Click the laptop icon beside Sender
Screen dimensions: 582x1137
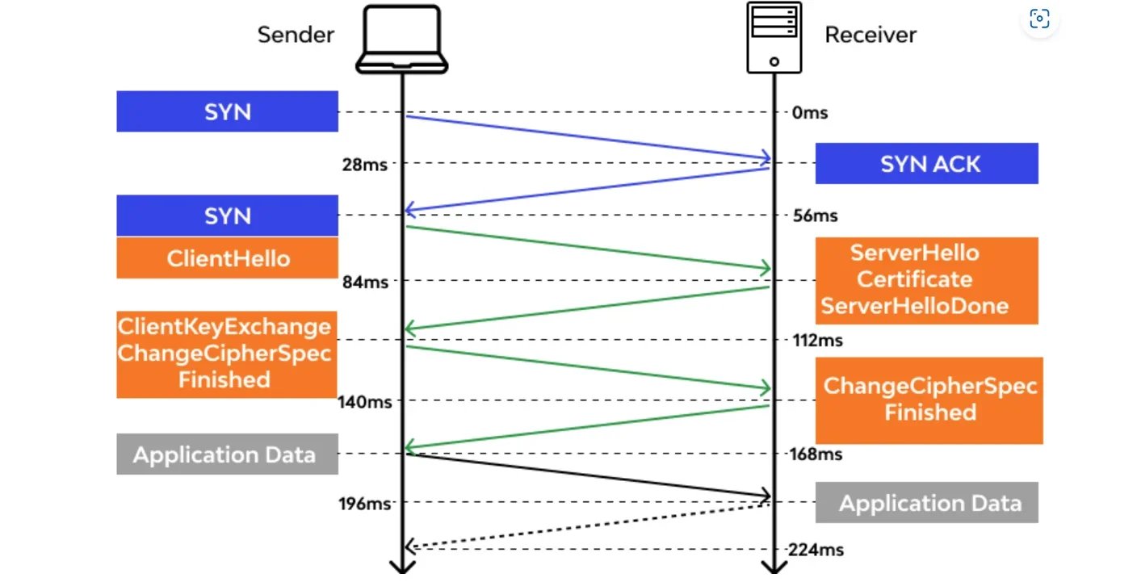pyautogui.click(x=401, y=40)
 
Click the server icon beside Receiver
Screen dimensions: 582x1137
pyautogui.click(x=774, y=37)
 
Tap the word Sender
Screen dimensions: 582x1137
pyautogui.click(x=296, y=35)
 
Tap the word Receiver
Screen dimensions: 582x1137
pyautogui.click(x=871, y=35)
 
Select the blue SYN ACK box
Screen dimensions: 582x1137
pyautogui.click(x=926, y=164)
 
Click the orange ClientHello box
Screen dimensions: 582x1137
pyautogui.click(x=227, y=258)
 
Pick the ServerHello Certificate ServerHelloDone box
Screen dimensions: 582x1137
pyautogui.click(x=926, y=280)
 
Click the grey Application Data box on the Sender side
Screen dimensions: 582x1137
pyautogui.click(x=227, y=454)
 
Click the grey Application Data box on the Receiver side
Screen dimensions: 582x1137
pyautogui.click(x=926, y=503)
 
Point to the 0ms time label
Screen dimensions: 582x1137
pyautogui.click(x=810, y=113)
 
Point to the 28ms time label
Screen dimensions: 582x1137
pyautogui.click(x=363, y=165)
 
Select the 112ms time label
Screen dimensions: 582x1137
pyautogui.click(x=817, y=340)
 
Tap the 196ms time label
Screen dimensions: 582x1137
pyautogui.click(x=364, y=504)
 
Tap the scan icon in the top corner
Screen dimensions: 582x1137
pyautogui.click(x=1039, y=19)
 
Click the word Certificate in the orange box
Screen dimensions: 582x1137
pyautogui.click(x=914, y=279)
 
